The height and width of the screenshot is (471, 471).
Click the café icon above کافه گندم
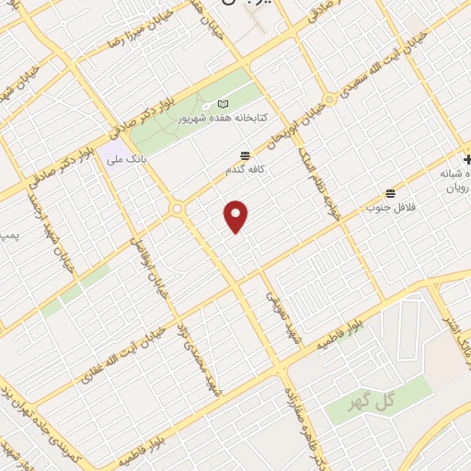point(244,155)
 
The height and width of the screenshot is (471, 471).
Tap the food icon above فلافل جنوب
point(391,193)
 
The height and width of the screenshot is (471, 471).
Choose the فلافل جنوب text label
point(391,207)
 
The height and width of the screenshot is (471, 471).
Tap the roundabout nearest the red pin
point(175,211)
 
